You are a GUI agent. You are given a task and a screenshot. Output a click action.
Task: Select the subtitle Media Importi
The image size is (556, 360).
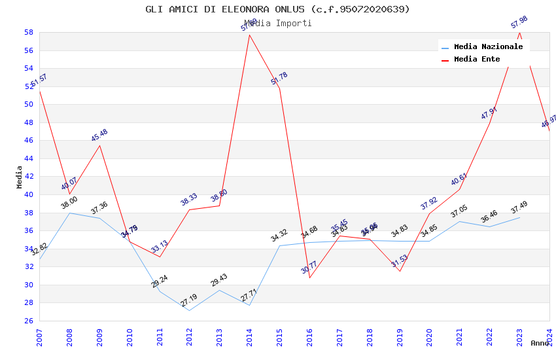click(277, 24)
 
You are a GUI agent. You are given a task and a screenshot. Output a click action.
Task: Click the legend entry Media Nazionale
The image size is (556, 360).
click(488, 47)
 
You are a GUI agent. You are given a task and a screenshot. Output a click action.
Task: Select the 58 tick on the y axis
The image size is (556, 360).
click(29, 32)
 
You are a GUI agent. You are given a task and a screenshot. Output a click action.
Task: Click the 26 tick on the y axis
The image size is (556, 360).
click(29, 321)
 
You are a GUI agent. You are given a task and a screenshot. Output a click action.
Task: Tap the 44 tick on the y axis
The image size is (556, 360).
click(29, 158)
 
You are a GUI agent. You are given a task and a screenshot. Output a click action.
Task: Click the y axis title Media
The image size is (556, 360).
click(19, 177)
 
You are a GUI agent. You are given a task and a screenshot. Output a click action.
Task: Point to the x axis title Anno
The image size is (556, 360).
click(540, 343)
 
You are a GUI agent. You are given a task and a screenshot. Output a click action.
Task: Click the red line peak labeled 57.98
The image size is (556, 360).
click(519, 31)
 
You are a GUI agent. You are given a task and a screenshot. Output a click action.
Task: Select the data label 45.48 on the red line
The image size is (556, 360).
click(99, 135)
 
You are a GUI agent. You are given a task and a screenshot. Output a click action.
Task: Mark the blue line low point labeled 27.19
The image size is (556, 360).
click(189, 310)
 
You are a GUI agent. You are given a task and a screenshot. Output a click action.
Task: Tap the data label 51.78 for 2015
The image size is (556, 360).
click(279, 79)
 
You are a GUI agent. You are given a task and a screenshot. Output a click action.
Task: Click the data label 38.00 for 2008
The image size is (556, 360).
click(69, 204)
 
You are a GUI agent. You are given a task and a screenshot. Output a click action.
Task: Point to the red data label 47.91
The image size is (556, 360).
click(489, 113)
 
